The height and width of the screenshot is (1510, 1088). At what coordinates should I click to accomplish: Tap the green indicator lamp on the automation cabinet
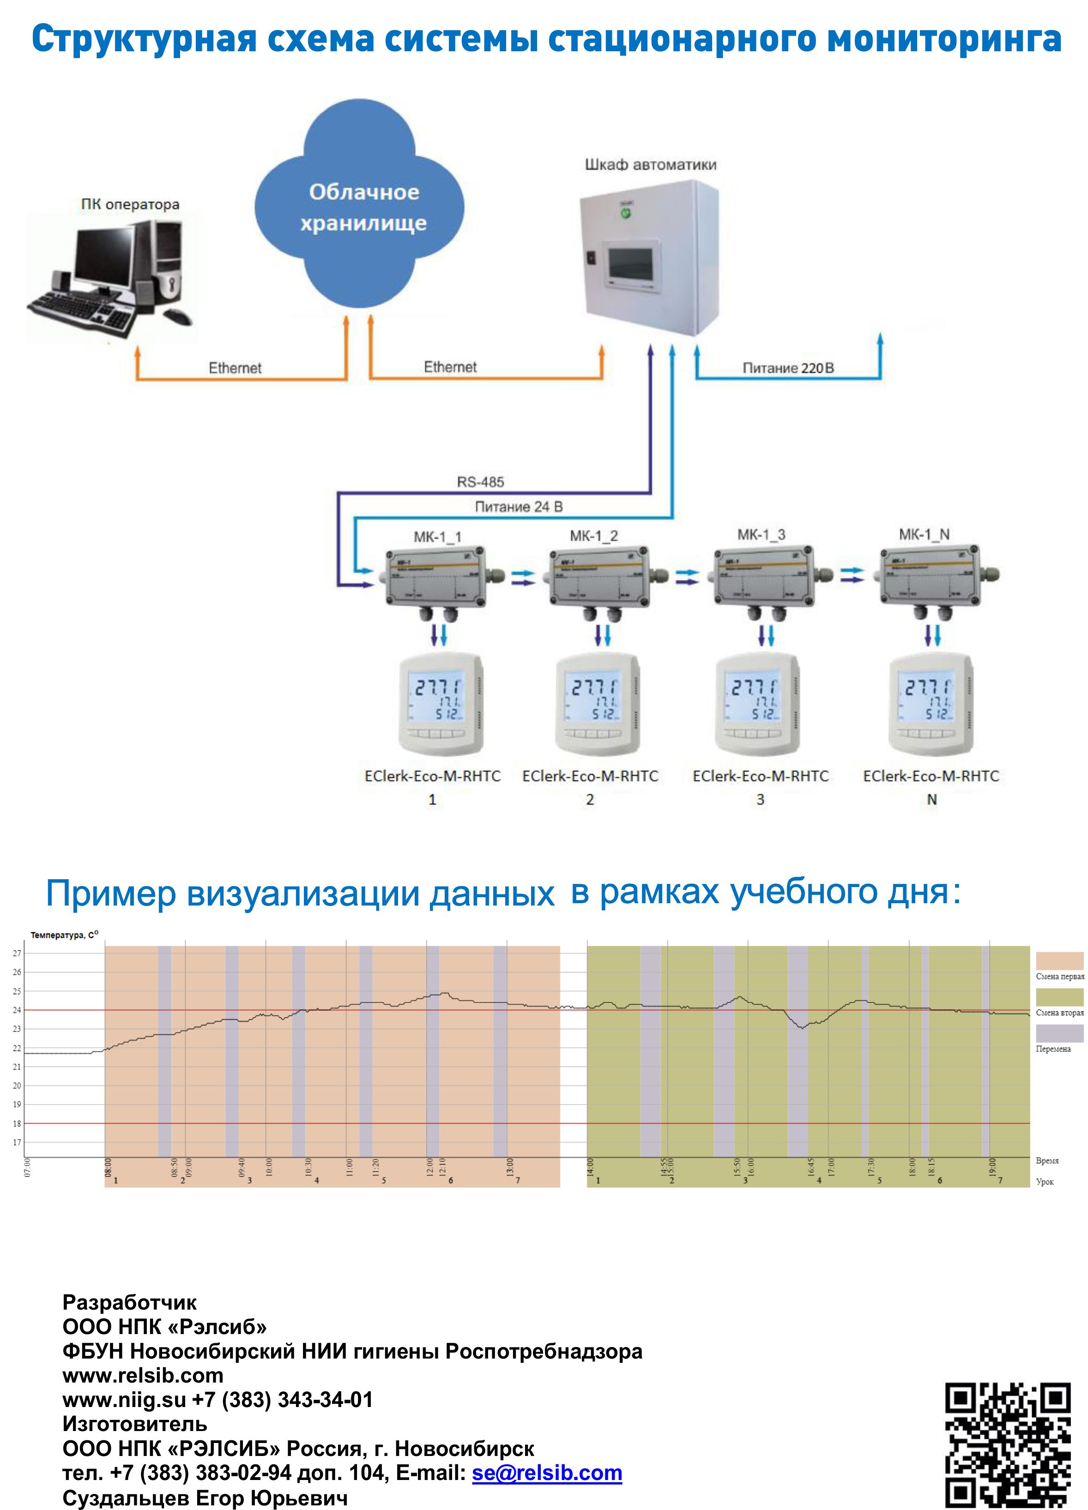click(625, 214)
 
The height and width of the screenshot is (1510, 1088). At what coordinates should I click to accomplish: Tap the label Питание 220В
click(788, 368)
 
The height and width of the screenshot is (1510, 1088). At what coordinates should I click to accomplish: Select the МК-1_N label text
click(924, 535)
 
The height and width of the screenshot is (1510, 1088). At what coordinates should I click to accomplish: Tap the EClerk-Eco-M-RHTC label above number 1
click(432, 776)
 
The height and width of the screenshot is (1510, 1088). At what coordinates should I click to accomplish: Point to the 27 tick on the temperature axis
click(17, 954)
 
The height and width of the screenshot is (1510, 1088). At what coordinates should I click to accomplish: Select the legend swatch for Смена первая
click(1059, 961)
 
